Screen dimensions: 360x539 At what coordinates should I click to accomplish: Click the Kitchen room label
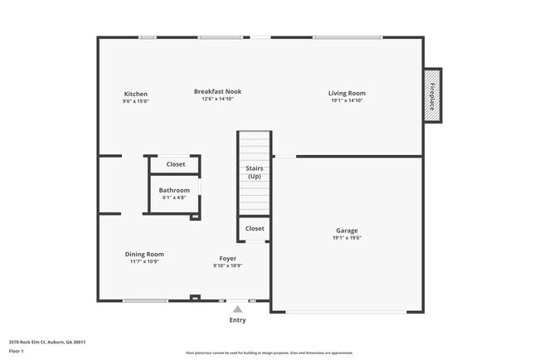coord(136,94)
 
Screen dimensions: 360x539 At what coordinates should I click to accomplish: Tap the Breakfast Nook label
coord(218,91)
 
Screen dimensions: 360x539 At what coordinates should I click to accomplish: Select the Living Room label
coord(347,94)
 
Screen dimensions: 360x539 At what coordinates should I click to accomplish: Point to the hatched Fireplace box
coord(432,95)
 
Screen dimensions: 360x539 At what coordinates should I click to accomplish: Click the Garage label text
coord(347,230)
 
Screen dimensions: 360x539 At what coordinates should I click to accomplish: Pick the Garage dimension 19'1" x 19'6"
coord(347,237)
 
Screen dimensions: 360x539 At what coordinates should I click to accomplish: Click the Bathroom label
coord(174,191)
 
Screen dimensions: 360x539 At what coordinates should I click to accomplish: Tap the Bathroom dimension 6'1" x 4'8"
coord(174,197)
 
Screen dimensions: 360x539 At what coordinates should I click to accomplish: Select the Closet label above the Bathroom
coord(176,164)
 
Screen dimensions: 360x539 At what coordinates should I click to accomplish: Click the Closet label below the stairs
coord(255,228)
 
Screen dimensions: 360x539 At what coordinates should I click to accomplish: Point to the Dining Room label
coord(144,254)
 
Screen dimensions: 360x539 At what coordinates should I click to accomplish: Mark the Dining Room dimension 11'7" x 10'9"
coord(144,261)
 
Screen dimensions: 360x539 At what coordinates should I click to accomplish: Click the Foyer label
coord(228,258)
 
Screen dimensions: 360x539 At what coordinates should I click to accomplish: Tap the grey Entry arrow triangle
coord(238,308)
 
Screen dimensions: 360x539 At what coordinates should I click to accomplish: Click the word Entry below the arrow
coord(238,319)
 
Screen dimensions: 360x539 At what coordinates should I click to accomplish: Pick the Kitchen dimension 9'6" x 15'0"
coord(136,101)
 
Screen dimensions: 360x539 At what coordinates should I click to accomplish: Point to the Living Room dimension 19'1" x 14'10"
coord(347,101)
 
